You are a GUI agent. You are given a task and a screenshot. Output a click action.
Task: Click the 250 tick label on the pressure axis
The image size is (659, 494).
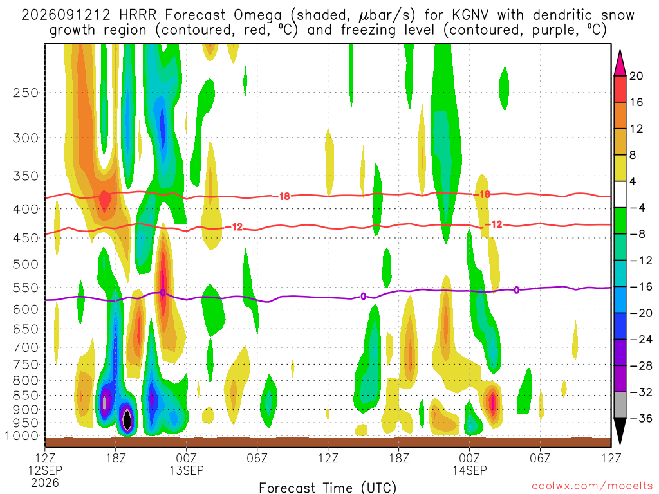26,93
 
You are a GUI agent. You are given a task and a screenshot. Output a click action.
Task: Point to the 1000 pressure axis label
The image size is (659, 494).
23,435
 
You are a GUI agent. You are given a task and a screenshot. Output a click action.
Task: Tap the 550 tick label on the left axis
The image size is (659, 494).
26,288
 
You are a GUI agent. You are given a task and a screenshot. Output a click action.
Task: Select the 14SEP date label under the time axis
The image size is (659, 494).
469,470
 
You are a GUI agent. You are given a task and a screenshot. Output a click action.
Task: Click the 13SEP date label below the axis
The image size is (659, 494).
187,470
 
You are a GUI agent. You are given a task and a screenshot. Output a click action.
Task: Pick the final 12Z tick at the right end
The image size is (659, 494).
611,458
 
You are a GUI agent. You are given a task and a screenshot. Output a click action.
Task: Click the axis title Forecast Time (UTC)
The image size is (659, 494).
328,488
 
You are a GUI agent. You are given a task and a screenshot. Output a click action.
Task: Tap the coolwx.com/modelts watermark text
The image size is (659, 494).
592,486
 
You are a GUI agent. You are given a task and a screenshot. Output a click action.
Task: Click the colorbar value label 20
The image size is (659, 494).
636,76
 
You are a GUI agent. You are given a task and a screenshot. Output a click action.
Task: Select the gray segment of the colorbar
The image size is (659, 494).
620,405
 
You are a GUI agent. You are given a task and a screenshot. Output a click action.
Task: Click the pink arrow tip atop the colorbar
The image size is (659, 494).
620,50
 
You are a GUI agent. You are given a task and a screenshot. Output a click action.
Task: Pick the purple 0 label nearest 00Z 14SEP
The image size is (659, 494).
516,290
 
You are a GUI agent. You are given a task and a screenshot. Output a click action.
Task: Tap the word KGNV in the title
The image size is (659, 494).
470,15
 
